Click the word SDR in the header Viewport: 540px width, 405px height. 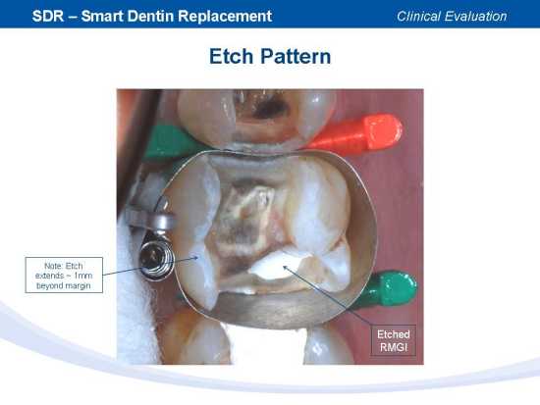pos(48,16)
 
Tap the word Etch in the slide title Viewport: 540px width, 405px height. pos(232,57)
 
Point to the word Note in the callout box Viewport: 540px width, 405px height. pos(53,266)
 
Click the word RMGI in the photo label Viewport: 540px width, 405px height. pos(394,347)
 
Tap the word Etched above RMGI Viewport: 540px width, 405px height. pos(394,334)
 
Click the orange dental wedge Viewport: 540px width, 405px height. pos(358,132)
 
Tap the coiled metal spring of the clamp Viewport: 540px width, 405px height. pos(155,258)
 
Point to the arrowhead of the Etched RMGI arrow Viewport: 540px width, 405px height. pos(285,267)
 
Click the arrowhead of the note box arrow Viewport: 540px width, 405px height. pos(195,257)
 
